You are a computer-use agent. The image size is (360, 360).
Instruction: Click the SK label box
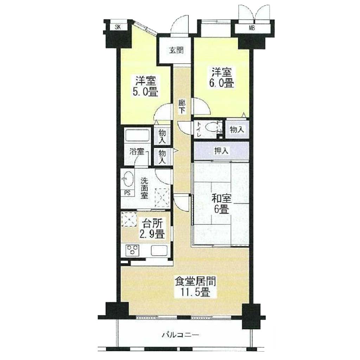[x=118, y=27]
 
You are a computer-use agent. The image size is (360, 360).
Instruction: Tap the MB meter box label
[x=252, y=29]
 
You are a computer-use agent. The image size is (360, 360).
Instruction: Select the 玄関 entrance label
[x=176, y=50]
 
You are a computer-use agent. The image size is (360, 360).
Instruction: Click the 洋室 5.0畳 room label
[x=145, y=86]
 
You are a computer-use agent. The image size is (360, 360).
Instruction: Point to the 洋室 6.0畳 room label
[x=221, y=78]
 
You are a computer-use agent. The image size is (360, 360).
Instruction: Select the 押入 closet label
[x=221, y=151]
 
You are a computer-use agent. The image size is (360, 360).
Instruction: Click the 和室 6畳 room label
[x=221, y=204]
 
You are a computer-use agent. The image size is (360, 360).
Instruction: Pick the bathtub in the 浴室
[x=137, y=135]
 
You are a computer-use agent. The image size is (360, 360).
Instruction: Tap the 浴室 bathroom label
[x=137, y=152]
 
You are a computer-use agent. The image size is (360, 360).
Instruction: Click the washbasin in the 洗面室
[x=127, y=179]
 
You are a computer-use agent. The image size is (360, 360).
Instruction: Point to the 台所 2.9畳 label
[x=153, y=229]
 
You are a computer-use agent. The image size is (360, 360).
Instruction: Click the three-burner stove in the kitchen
[x=133, y=250]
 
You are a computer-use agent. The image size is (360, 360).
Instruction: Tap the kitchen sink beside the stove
[x=159, y=250]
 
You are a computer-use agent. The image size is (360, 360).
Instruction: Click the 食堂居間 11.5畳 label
[x=195, y=287]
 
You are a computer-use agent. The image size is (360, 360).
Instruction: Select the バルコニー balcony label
[x=180, y=335]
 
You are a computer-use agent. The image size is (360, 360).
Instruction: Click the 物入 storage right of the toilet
[x=237, y=129]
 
